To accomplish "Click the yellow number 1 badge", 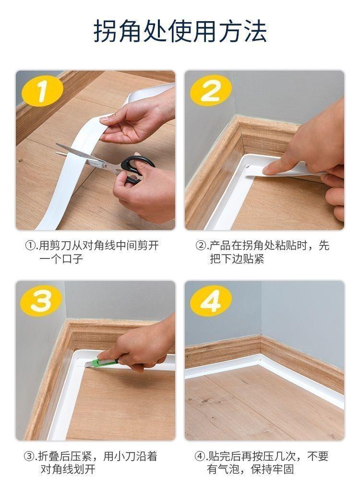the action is (x=42, y=90).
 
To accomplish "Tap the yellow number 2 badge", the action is (x=211, y=90).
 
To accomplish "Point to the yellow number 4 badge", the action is (x=211, y=301).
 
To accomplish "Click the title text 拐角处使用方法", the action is (x=180, y=31).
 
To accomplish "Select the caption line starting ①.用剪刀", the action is (x=92, y=246).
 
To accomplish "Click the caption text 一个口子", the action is (x=61, y=259).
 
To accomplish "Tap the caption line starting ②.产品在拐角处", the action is (x=262, y=246).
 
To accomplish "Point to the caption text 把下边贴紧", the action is (x=237, y=259).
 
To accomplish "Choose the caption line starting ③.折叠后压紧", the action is (x=91, y=456).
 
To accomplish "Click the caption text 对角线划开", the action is (x=68, y=469).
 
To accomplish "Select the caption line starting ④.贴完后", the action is (x=262, y=456).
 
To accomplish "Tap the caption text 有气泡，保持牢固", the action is (x=251, y=469).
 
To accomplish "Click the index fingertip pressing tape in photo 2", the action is (x=268, y=170).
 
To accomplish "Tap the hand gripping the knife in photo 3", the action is (x=140, y=344).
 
